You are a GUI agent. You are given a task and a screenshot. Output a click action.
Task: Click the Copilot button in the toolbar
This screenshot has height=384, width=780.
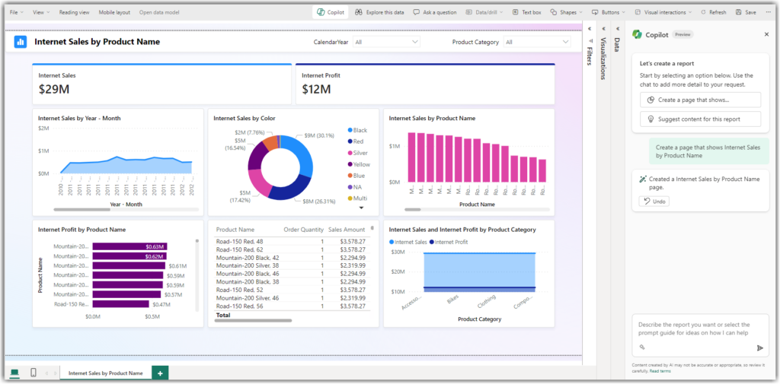(x=330, y=12)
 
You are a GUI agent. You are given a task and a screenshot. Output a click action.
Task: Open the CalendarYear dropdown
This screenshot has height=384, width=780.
(x=387, y=42)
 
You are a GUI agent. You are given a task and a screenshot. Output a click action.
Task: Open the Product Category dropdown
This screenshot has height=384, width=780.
(x=537, y=42)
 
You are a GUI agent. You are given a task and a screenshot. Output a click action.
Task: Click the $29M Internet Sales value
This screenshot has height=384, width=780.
(x=54, y=90)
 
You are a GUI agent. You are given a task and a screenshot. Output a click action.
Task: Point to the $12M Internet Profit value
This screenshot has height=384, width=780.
(x=316, y=90)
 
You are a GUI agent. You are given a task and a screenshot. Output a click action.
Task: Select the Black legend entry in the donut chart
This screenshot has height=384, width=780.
(x=358, y=130)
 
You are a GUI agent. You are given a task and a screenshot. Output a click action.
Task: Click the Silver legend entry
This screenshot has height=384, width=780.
(x=359, y=153)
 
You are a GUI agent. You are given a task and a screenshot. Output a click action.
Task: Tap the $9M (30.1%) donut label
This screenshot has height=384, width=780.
(x=318, y=135)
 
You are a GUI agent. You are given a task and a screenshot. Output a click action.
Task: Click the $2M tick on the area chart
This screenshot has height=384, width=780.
(x=43, y=129)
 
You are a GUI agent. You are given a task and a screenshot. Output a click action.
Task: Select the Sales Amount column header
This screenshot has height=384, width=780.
(x=347, y=229)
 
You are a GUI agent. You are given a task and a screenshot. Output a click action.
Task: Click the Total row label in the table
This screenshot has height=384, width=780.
(x=223, y=315)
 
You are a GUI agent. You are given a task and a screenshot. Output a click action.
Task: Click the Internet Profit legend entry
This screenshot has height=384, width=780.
(x=452, y=242)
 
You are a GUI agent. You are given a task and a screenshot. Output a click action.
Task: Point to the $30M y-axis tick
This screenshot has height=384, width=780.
(x=397, y=252)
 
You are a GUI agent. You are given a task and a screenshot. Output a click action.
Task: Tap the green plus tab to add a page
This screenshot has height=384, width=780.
(x=160, y=373)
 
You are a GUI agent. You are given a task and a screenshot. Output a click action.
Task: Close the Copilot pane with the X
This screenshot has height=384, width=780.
(x=766, y=34)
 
